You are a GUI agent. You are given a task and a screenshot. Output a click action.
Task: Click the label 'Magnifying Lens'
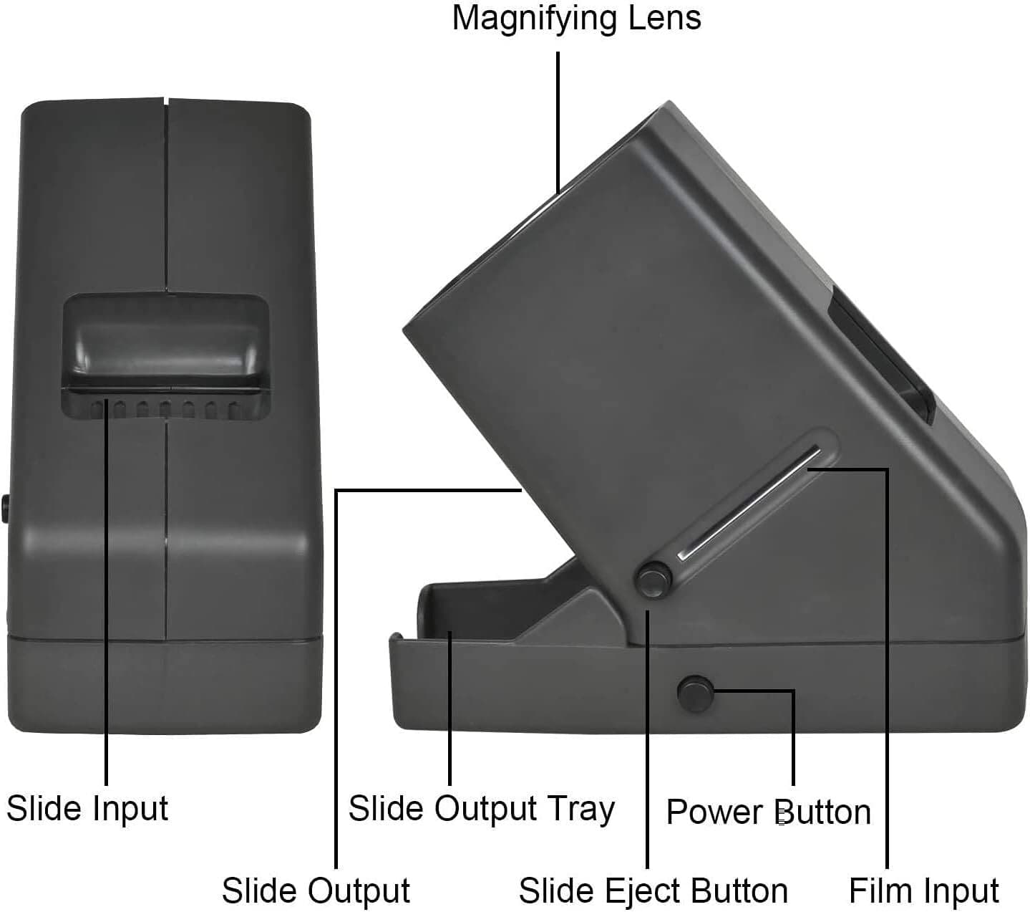pyautogui.click(x=576, y=18)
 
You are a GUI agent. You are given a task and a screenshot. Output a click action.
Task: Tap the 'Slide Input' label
pyautogui.click(x=87, y=808)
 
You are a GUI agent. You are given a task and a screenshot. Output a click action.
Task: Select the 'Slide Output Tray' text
pyautogui.click(x=481, y=809)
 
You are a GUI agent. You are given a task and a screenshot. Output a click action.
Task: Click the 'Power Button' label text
pyautogui.click(x=768, y=812)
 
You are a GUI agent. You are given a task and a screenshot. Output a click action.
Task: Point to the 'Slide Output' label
pyautogui.click(x=316, y=891)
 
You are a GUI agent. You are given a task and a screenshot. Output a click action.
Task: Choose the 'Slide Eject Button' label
pyautogui.click(x=653, y=891)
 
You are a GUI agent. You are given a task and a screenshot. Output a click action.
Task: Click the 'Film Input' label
pyautogui.click(x=923, y=891)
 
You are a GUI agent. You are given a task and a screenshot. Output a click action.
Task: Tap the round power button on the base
pyautogui.click(x=695, y=691)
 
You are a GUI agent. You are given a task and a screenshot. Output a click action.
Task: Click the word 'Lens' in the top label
pyautogui.click(x=665, y=18)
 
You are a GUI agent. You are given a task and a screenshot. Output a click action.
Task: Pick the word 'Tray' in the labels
pyautogui.click(x=581, y=809)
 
